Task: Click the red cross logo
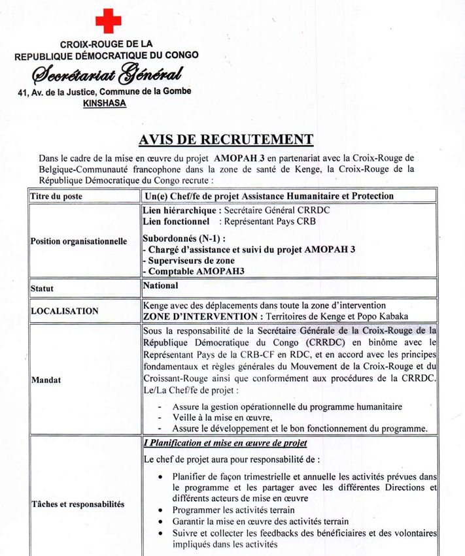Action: coord(108,20)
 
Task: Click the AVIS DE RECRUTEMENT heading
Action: coord(226,139)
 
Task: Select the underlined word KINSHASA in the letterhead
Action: coord(105,103)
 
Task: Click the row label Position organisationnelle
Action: coord(78,241)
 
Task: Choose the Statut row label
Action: coord(43,287)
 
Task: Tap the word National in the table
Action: coord(160,286)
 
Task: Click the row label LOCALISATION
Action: coord(65,311)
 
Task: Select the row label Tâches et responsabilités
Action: coord(77,504)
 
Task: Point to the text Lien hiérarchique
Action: coord(181,210)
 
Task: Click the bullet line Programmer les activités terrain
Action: coord(233,510)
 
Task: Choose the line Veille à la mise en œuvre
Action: coord(222,417)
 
